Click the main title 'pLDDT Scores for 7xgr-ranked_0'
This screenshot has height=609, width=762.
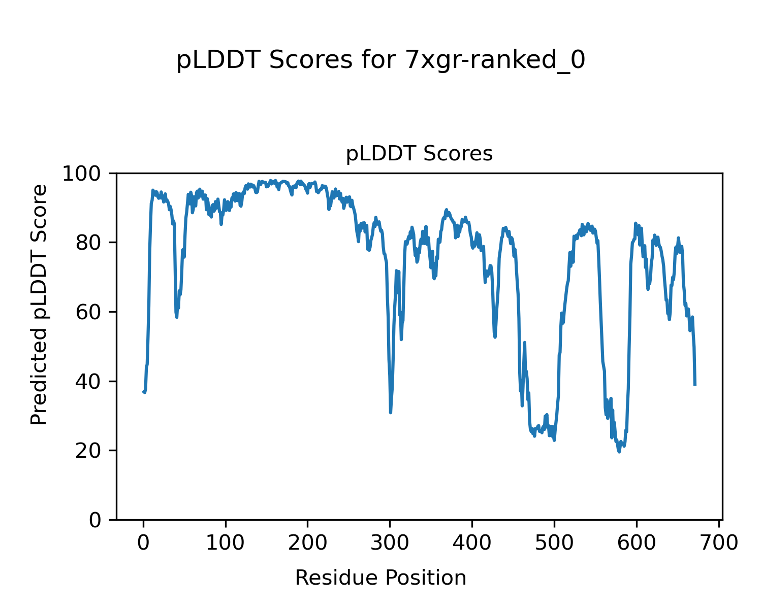click(380, 61)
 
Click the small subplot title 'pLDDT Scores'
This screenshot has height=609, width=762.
click(419, 154)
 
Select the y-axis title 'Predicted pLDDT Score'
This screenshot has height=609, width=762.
click(39, 304)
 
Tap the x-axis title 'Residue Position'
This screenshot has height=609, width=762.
click(380, 578)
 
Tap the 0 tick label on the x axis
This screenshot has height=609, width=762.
click(143, 543)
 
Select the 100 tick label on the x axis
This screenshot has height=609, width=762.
click(226, 543)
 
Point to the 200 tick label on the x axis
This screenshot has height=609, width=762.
click(308, 543)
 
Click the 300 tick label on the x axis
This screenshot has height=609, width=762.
click(390, 543)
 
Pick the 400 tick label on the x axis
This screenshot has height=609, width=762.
click(472, 543)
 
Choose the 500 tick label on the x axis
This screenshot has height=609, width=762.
click(554, 543)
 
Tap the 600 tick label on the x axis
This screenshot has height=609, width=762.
click(637, 543)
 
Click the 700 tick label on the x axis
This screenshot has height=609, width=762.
click(718, 543)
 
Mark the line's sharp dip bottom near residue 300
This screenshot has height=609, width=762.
click(390, 413)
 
